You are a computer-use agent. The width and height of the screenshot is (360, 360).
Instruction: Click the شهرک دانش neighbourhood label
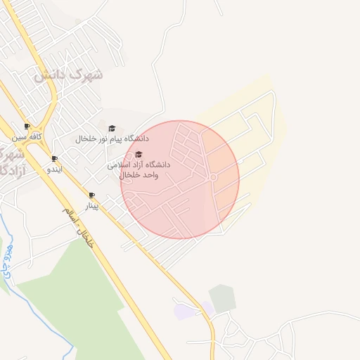68,73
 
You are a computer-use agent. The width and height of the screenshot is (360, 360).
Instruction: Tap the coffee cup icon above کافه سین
27,127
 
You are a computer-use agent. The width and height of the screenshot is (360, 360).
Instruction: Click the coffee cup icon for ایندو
55,159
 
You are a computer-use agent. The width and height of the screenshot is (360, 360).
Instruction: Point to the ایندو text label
54,169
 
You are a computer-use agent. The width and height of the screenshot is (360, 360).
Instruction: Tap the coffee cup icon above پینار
91,195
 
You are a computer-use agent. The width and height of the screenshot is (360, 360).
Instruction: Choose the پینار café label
91,206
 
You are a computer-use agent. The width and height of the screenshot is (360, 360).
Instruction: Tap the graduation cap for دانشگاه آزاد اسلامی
138,155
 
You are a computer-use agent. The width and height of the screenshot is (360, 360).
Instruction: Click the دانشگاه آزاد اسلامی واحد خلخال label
139,169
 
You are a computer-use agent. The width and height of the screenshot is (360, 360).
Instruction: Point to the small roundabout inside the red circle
212,178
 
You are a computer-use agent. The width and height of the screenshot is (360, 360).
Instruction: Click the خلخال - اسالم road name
77,226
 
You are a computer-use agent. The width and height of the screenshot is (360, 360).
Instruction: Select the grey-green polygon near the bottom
222,298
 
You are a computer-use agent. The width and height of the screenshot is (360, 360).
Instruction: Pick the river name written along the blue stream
8,259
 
